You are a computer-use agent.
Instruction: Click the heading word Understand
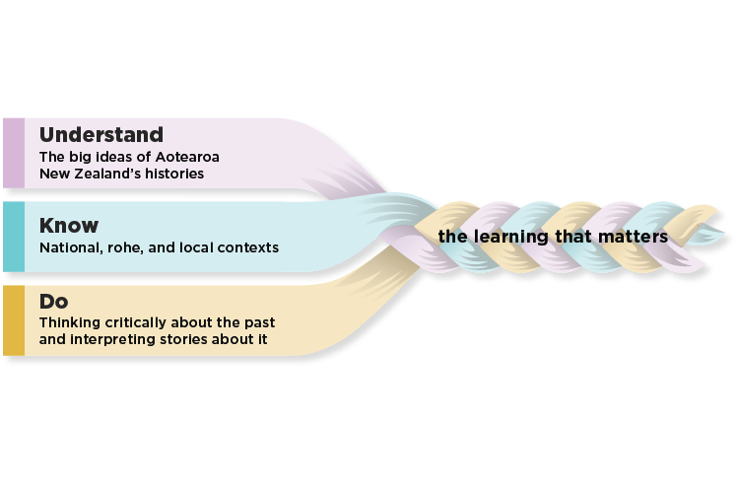click(x=101, y=134)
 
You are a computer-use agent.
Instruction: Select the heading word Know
click(x=69, y=225)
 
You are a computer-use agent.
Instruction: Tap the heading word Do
click(x=53, y=302)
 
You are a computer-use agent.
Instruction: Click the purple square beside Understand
click(x=14, y=153)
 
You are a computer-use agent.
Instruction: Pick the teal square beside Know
click(x=14, y=237)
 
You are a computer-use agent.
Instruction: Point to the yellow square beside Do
click(x=14, y=320)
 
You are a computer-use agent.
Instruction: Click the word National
click(x=70, y=247)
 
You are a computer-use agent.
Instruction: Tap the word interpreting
click(x=107, y=340)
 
